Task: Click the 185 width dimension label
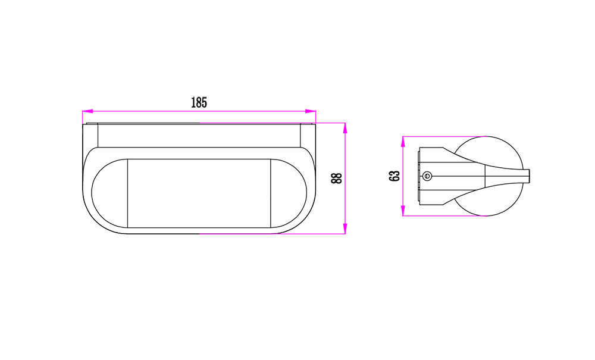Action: (199, 102)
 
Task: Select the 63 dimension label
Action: (394, 176)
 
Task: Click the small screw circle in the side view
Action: (427, 176)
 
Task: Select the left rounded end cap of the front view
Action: (110, 193)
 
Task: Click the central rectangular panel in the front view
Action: (199, 193)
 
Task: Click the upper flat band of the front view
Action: (199, 136)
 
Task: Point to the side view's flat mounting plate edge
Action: (419, 176)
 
